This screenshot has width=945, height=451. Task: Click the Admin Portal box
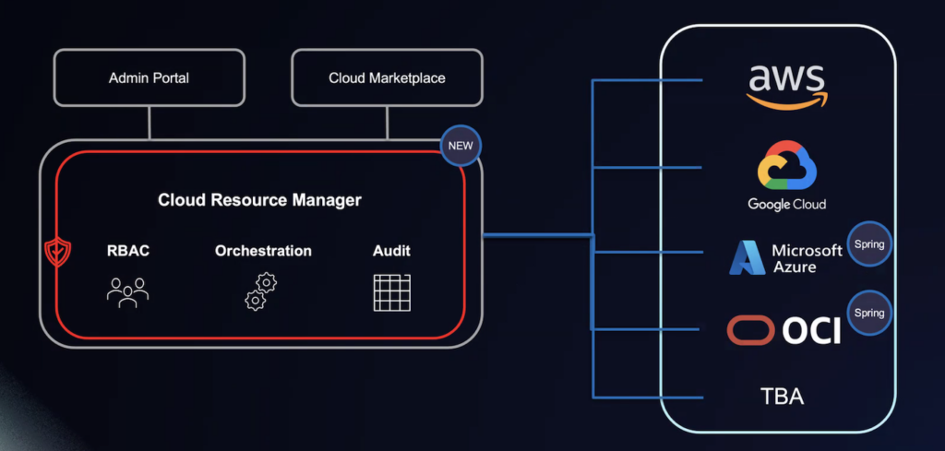coord(149,77)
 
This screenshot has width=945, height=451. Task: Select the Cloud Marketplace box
coord(387,77)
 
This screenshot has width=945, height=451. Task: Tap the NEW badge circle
coord(460,146)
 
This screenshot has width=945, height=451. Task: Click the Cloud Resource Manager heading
coord(259,199)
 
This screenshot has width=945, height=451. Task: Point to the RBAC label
coord(127,251)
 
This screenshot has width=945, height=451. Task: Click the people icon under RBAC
coord(127,291)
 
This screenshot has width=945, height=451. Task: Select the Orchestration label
coord(263,251)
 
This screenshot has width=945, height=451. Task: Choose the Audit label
coord(391,251)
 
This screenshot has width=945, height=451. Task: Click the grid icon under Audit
coord(391,291)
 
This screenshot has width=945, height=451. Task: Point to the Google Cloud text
coord(787,204)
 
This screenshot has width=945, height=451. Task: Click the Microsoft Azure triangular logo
coord(747,258)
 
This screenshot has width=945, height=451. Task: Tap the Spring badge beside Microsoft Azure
coord(869,244)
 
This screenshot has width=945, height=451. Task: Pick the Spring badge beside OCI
coord(869,313)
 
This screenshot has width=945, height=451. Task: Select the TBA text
coord(782,398)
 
